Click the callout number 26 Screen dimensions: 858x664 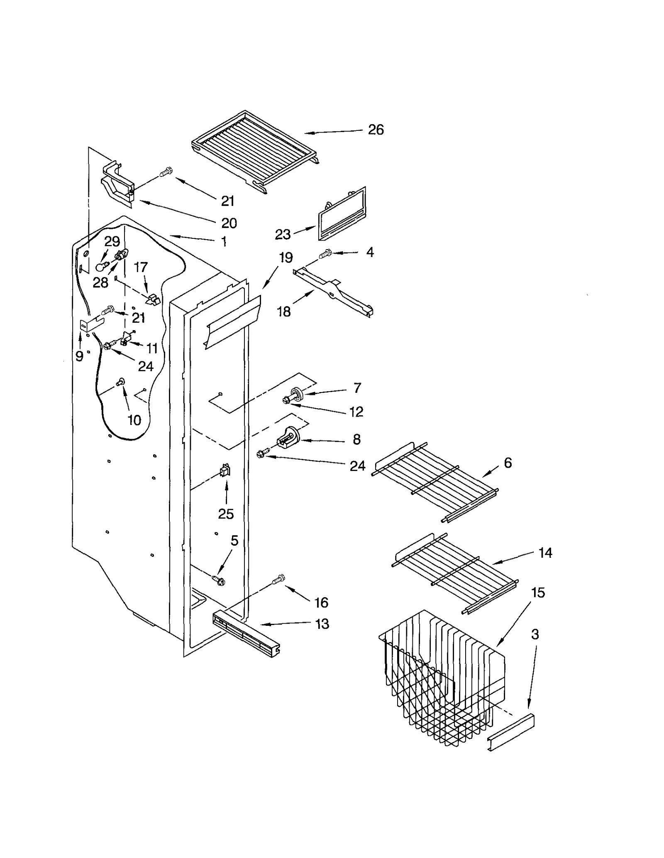coord(376,130)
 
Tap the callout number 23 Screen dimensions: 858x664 coord(283,234)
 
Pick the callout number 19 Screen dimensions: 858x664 coord(286,257)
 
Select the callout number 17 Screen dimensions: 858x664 coord(141,267)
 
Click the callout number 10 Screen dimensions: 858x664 coord(134,420)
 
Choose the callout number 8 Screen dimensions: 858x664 coord(356,439)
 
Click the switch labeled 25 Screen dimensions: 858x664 coord(225,471)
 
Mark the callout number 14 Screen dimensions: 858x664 coord(545,553)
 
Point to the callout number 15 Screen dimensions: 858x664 coord(538,593)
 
